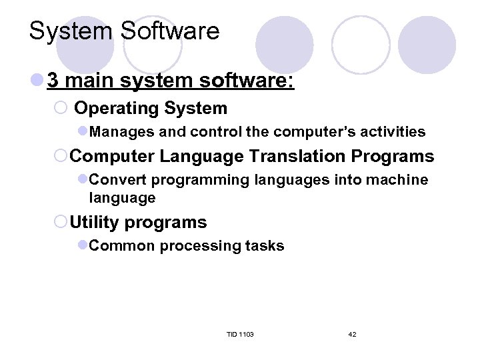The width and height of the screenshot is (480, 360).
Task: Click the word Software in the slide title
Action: (x=171, y=31)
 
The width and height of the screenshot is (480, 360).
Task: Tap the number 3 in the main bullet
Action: (x=53, y=81)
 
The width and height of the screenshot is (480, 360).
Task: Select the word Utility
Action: (x=95, y=222)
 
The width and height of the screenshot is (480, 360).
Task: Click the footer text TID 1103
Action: (x=240, y=334)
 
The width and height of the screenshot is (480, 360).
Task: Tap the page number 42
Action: (x=352, y=334)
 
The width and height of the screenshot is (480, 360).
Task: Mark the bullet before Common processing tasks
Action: (x=83, y=246)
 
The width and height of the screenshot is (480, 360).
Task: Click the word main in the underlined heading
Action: (x=91, y=81)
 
